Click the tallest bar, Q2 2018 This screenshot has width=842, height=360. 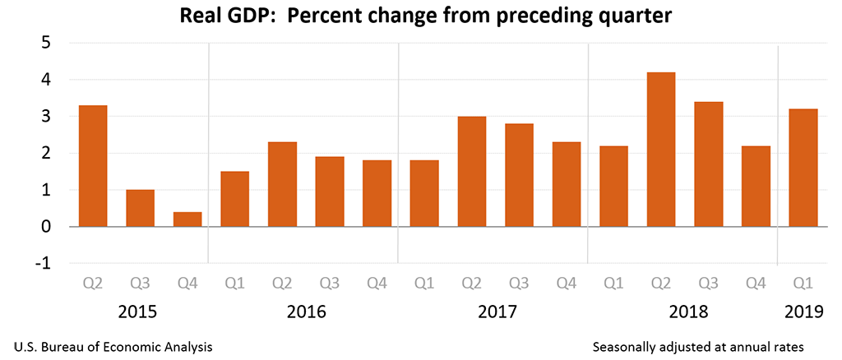point(661,150)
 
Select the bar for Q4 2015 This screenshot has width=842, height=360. point(187,219)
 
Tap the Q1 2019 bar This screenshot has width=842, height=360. point(803,168)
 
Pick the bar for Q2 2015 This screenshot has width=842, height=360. point(93,166)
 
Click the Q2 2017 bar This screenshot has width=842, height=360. point(472,171)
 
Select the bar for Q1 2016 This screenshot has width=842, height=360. point(235,199)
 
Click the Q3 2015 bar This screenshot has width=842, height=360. point(140,208)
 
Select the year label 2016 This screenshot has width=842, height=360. point(306,313)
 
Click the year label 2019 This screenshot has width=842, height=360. point(803,313)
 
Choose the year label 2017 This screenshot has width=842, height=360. point(496,313)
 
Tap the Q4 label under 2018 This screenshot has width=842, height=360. point(756,284)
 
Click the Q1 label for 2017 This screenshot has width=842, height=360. point(424,284)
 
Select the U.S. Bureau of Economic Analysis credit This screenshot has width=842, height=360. point(113,347)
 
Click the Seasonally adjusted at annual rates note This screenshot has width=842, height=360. point(697,347)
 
